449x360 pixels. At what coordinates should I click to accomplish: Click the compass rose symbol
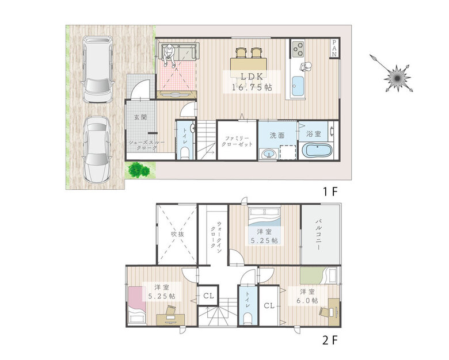pos(397,78)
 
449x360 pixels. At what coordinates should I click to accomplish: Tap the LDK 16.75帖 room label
pos(252,82)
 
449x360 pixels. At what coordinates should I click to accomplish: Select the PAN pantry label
pos(334,48)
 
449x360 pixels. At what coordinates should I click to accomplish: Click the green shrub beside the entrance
pos(139,170)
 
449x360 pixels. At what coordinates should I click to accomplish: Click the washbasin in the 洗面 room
pos(269,154)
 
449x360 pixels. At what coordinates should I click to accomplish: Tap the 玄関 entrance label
pos(140,117)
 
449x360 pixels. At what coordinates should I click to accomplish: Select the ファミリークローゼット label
pos(237,141)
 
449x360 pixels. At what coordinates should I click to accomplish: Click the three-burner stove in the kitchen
pos(298,49)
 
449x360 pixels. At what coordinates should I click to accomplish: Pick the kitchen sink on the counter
pos(298,86)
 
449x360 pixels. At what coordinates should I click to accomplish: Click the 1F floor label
pos(331,192)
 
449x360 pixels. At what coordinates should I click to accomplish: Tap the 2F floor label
pos(330,340)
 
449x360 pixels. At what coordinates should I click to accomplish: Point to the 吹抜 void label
pos(177,234)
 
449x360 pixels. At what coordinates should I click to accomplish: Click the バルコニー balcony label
pos(318,235)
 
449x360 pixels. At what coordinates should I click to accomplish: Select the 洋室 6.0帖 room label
pos(308,296)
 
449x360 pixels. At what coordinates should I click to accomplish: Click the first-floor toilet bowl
pos(185,152)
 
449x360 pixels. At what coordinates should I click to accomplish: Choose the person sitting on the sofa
pos(169,55)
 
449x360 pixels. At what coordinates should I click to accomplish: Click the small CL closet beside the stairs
pos(208,296)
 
